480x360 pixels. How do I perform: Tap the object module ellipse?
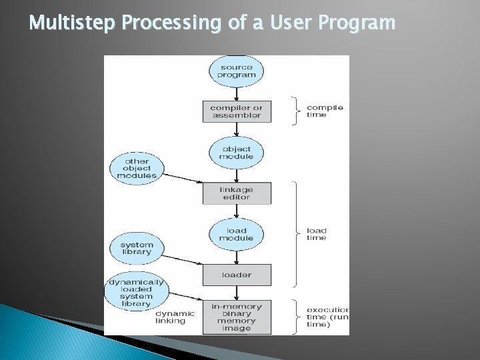pyautogui.click(x=236, y=152)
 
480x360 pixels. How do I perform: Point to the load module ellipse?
pyautogui.click(x=236, y=233)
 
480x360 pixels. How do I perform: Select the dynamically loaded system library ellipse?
pyautogui.click(x=137, y=291)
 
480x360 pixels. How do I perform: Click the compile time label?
pyautogui.click(x=325, y=111)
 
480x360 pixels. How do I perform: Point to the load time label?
pyautogui.click(x=316, y=233)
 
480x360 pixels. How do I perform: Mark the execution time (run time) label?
pyautogui.click(x=327, y=317)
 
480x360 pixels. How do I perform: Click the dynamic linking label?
pyautogui.click(x=175, y=317)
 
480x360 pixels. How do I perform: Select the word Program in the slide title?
pyautogui.click(x=358, y=23)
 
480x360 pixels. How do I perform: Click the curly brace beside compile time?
pyautogui.click(x=294, y=111)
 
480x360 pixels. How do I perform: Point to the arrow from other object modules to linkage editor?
pyautogui.click(x=183, y=178)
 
